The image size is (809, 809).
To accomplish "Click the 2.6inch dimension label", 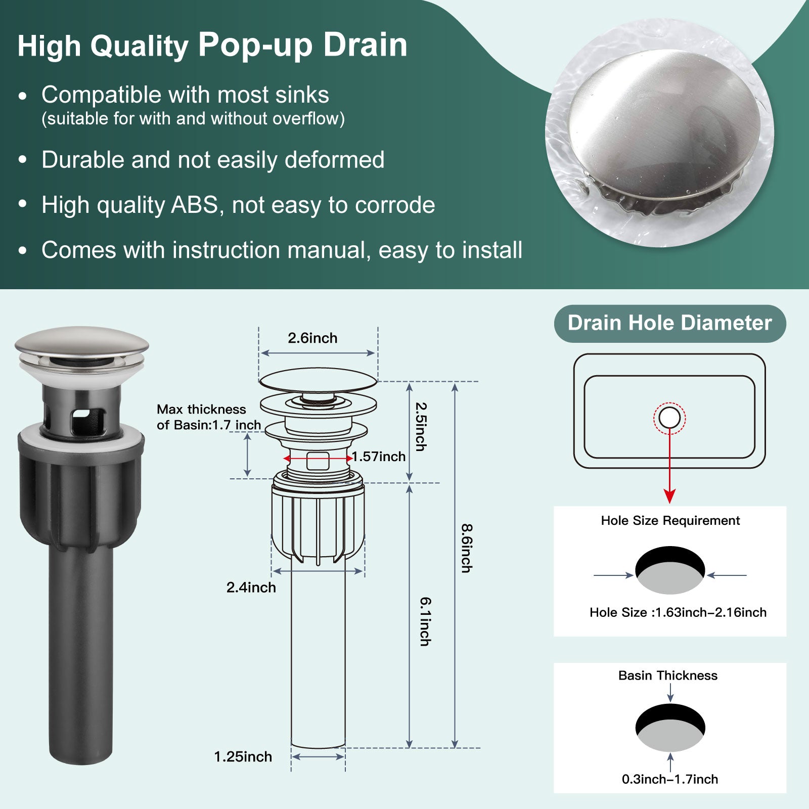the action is pyautogui.click(x=312, y=338).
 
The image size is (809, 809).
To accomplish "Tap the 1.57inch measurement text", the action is pyautogui.click(x=379, y=457).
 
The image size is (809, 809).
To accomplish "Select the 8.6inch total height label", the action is pyautogui.click(x=466, y=548).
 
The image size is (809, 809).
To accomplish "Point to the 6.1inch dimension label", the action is pyautogui.click(x=425, y=621).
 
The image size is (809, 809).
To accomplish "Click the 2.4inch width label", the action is pyautogui.click(x=251, y=588).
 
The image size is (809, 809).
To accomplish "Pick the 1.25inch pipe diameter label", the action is pyautogui.click(x=243, y=756).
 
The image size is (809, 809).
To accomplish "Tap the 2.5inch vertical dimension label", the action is pyautogui.click(x=420, y=426).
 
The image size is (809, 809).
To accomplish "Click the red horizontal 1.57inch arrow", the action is pyautogui.click(x=318, y=459).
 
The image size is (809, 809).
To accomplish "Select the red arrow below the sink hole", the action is pyautogui.click(x=669, y=465).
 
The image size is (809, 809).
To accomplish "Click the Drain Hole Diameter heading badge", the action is pyautogui.click(x=670, y=324).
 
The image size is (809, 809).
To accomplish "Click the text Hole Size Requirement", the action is pyautogui.click(x=670, y=520).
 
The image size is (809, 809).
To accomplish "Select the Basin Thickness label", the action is pyautogui.click(x=668, y=676).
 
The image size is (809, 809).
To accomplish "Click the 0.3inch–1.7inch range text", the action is pyautogui.click(x=670, y=779).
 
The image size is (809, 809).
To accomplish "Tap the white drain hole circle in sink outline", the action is pyautogui.click(x=669, y=418).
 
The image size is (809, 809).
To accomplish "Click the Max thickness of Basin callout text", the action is pyautogui.click(x=209, y=417).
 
